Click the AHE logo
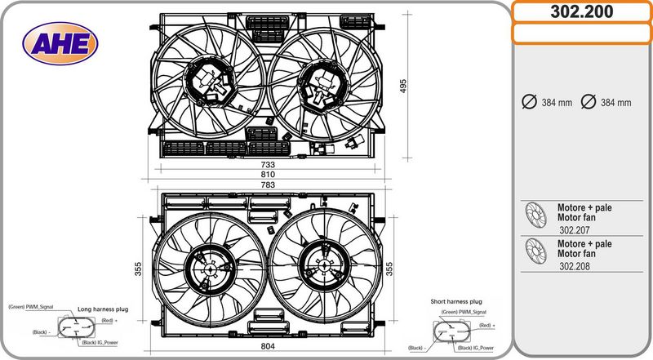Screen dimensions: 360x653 (60, 44)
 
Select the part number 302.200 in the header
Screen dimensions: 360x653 (582, 11)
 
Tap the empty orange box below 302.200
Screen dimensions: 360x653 (582, 33)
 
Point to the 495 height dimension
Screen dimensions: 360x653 (402, 86)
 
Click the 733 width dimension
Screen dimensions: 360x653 (267, 164)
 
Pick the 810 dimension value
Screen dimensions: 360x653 (267, 175)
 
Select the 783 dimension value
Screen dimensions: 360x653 (267, 185)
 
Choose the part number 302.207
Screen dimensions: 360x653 (575, 231)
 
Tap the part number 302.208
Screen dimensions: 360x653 (575, 267)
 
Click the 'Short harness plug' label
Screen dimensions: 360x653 (456, 302)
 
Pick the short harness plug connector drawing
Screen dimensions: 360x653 (449, 331)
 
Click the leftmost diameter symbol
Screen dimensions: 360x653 (528, 102)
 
